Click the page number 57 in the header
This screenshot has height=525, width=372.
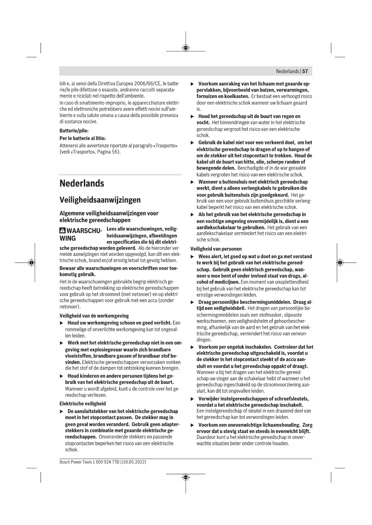tap(305, 71)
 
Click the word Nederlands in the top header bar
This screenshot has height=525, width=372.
tap(287, 71)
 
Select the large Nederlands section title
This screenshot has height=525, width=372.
tap(82, 183)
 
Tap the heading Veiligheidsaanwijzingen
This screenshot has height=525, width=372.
tap(100, 200)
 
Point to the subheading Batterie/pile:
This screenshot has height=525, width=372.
tap(74, 131)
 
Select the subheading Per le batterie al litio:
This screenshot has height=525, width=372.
tap(82, 138)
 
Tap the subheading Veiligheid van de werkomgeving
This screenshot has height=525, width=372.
tap(94, 316)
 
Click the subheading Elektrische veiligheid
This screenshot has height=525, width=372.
tap(83, 403)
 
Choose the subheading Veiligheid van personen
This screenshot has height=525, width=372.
tap(216, 249)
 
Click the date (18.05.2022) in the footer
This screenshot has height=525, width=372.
tap(134, 462)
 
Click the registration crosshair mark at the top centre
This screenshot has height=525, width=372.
tap(186, 48)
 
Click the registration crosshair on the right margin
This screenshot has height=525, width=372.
tap(340, 262)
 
